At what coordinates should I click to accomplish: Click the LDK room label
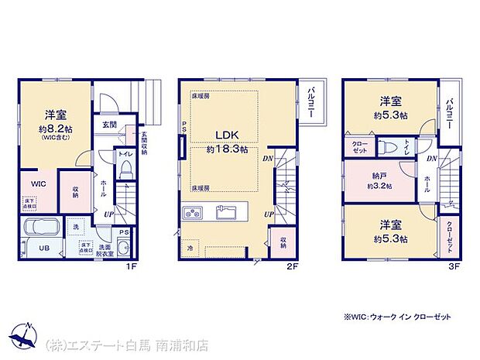(x=227, y=134)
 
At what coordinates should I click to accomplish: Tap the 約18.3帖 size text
(x=227, y=150)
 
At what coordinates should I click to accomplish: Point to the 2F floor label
(x=291, y=266)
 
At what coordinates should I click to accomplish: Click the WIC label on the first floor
(x=39, y=183)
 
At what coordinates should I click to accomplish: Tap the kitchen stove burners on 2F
(x=192, y=212)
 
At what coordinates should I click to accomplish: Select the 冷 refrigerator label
(x=189, y=249)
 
